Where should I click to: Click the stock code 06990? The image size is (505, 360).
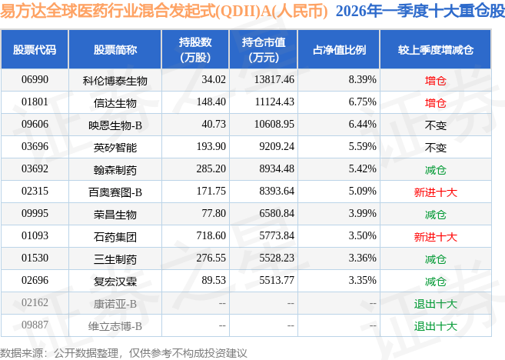point(35,79)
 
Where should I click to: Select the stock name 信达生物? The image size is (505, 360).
point(115,102)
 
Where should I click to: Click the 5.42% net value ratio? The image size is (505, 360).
point(362,168)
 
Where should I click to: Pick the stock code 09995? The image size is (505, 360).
point(35,214)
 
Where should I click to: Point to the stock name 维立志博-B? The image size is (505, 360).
point(115,326)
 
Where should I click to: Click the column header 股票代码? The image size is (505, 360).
point(35,49)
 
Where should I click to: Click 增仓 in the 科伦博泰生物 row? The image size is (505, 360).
point(435,79)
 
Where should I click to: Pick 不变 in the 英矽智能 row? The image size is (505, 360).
point(435,146)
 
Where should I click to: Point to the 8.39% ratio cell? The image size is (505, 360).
point(362,79)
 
